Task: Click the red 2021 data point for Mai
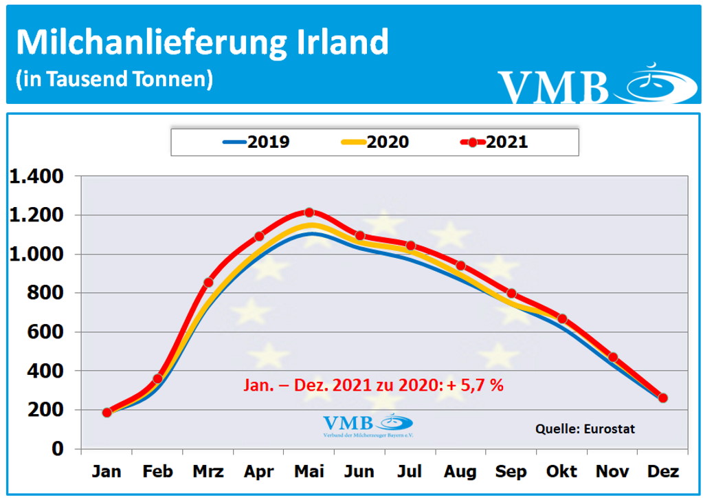point(309,213)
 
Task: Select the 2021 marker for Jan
point(107,413)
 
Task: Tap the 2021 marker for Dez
point(662,398)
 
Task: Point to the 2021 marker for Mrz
point(208,282)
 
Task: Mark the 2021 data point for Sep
point(511,294)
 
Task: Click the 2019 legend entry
point(256,142)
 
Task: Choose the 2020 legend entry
point(375,142)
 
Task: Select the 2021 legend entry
point(495,142)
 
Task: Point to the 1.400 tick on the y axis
point(45,177)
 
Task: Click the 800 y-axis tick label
point(55,293)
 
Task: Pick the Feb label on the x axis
point(157,471)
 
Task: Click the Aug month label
point(460,471)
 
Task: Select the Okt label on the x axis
point(561,471)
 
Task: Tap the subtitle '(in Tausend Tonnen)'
point(114,78)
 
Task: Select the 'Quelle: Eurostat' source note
point(585,429)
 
